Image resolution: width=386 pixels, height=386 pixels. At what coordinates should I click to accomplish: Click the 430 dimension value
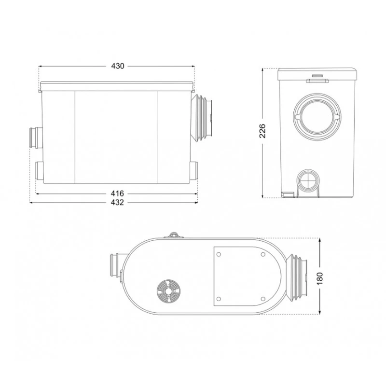[118, 66]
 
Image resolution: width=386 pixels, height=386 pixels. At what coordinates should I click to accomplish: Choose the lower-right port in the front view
[193, 171]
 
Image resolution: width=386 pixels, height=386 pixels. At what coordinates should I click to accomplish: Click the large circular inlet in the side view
[316, 116]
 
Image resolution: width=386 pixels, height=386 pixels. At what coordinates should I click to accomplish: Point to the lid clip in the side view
[316, 77]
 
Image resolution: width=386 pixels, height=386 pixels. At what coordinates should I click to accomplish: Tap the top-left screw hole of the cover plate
[219, 255]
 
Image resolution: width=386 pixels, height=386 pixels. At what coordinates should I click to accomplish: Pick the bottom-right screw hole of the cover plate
[263, 298]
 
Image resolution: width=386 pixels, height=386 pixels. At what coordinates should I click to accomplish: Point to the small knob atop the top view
[175, 235]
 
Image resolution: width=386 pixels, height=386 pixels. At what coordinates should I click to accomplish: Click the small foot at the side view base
[288, 194]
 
